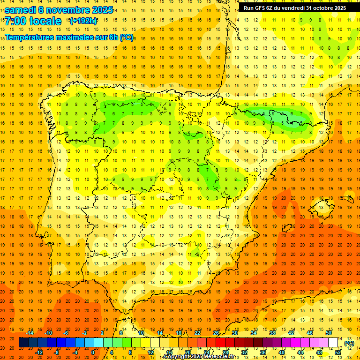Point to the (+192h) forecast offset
pos(83,21)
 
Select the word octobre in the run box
pos(322,7)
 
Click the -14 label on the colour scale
pos(30,333)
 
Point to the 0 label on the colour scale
pos(93,352)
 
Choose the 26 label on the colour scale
pos(216,333)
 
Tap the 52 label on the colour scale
pos(338,352)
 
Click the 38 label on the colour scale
pos(272,333)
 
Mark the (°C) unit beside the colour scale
pos(349,343)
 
